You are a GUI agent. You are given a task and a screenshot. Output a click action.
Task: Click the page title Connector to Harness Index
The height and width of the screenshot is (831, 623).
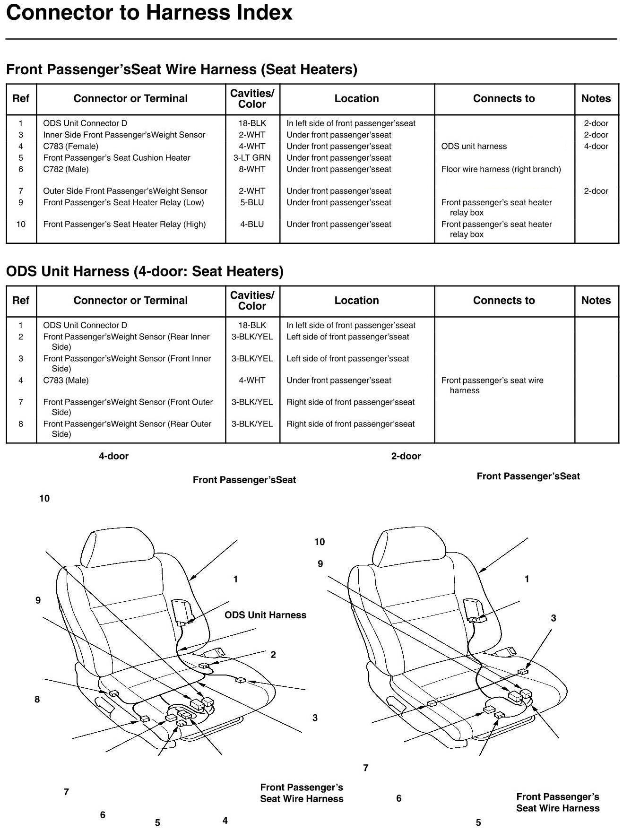(x=149, y=13)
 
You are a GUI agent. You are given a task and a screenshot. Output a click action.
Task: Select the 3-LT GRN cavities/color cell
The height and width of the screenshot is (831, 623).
(x=252, y=158)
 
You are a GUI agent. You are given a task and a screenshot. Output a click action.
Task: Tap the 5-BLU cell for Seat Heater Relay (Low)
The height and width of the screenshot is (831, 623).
(x=252, y=203)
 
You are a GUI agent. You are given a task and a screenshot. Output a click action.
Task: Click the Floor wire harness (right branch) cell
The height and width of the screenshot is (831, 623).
(x=501, y=169)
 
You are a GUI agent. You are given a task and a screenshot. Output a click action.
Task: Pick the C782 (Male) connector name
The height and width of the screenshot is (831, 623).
(x=66, y=169)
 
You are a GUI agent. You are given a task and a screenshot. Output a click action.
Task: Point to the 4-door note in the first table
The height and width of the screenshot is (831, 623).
(x=596, y=147)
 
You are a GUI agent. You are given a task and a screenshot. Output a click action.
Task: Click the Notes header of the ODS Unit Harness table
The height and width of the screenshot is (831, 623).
(x=596, y=301)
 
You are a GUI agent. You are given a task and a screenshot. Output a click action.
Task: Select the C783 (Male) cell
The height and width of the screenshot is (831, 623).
(x=66, y=381)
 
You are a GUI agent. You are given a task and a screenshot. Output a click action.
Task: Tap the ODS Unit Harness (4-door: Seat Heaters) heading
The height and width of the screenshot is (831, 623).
(x=145, y=271)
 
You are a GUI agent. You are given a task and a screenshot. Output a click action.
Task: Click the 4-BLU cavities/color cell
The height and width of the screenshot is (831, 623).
(x=252, y=225)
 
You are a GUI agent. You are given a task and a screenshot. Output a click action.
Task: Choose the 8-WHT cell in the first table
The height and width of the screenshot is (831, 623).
(x=252, y=169)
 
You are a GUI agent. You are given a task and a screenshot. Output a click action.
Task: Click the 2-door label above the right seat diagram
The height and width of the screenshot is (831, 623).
(x=406, y=456)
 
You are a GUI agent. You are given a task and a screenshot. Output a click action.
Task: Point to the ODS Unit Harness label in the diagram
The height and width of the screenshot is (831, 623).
(x=265, y=615)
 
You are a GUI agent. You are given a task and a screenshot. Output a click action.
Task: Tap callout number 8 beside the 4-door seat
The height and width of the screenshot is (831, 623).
(x=37, y=700)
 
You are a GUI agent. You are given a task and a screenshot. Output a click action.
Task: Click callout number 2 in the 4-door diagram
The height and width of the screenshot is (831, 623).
(x=273, y=655)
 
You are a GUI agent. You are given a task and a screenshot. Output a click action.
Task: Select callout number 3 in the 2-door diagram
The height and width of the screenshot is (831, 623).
(x=554, y=618)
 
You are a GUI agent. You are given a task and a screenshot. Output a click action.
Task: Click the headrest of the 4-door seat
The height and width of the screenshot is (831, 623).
(x=118, y=548)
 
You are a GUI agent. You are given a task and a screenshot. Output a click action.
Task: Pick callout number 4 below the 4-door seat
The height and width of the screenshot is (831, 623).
(x=225, y=821)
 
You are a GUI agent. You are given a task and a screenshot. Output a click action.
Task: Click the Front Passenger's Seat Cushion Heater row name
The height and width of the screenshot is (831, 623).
(x=117, y=158)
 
